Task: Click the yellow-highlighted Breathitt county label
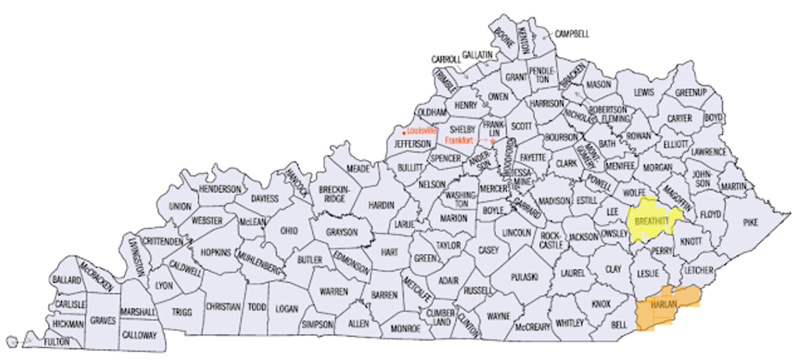click(x=652, y=221)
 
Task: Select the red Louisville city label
click(x=421, y=130)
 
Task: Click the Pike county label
click(x=750, y=222)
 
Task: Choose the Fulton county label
click(x=57, y=342)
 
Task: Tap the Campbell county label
click(x=571, y=34)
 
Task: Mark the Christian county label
click(x=223, y=307)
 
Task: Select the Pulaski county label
click(x=524, y=277)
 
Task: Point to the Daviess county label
click(x=264, y=199)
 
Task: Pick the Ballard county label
click(x=67, y=280)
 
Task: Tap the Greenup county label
click(x=691, y=93)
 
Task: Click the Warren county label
click(x=333, y=291)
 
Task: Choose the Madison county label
click(x=554, y=201)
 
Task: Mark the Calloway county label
click(x=139, y=335)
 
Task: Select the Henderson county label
click(x=220, y=189)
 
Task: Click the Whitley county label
click(x=569, y=322)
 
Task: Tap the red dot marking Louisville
click(x=403, y=132)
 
